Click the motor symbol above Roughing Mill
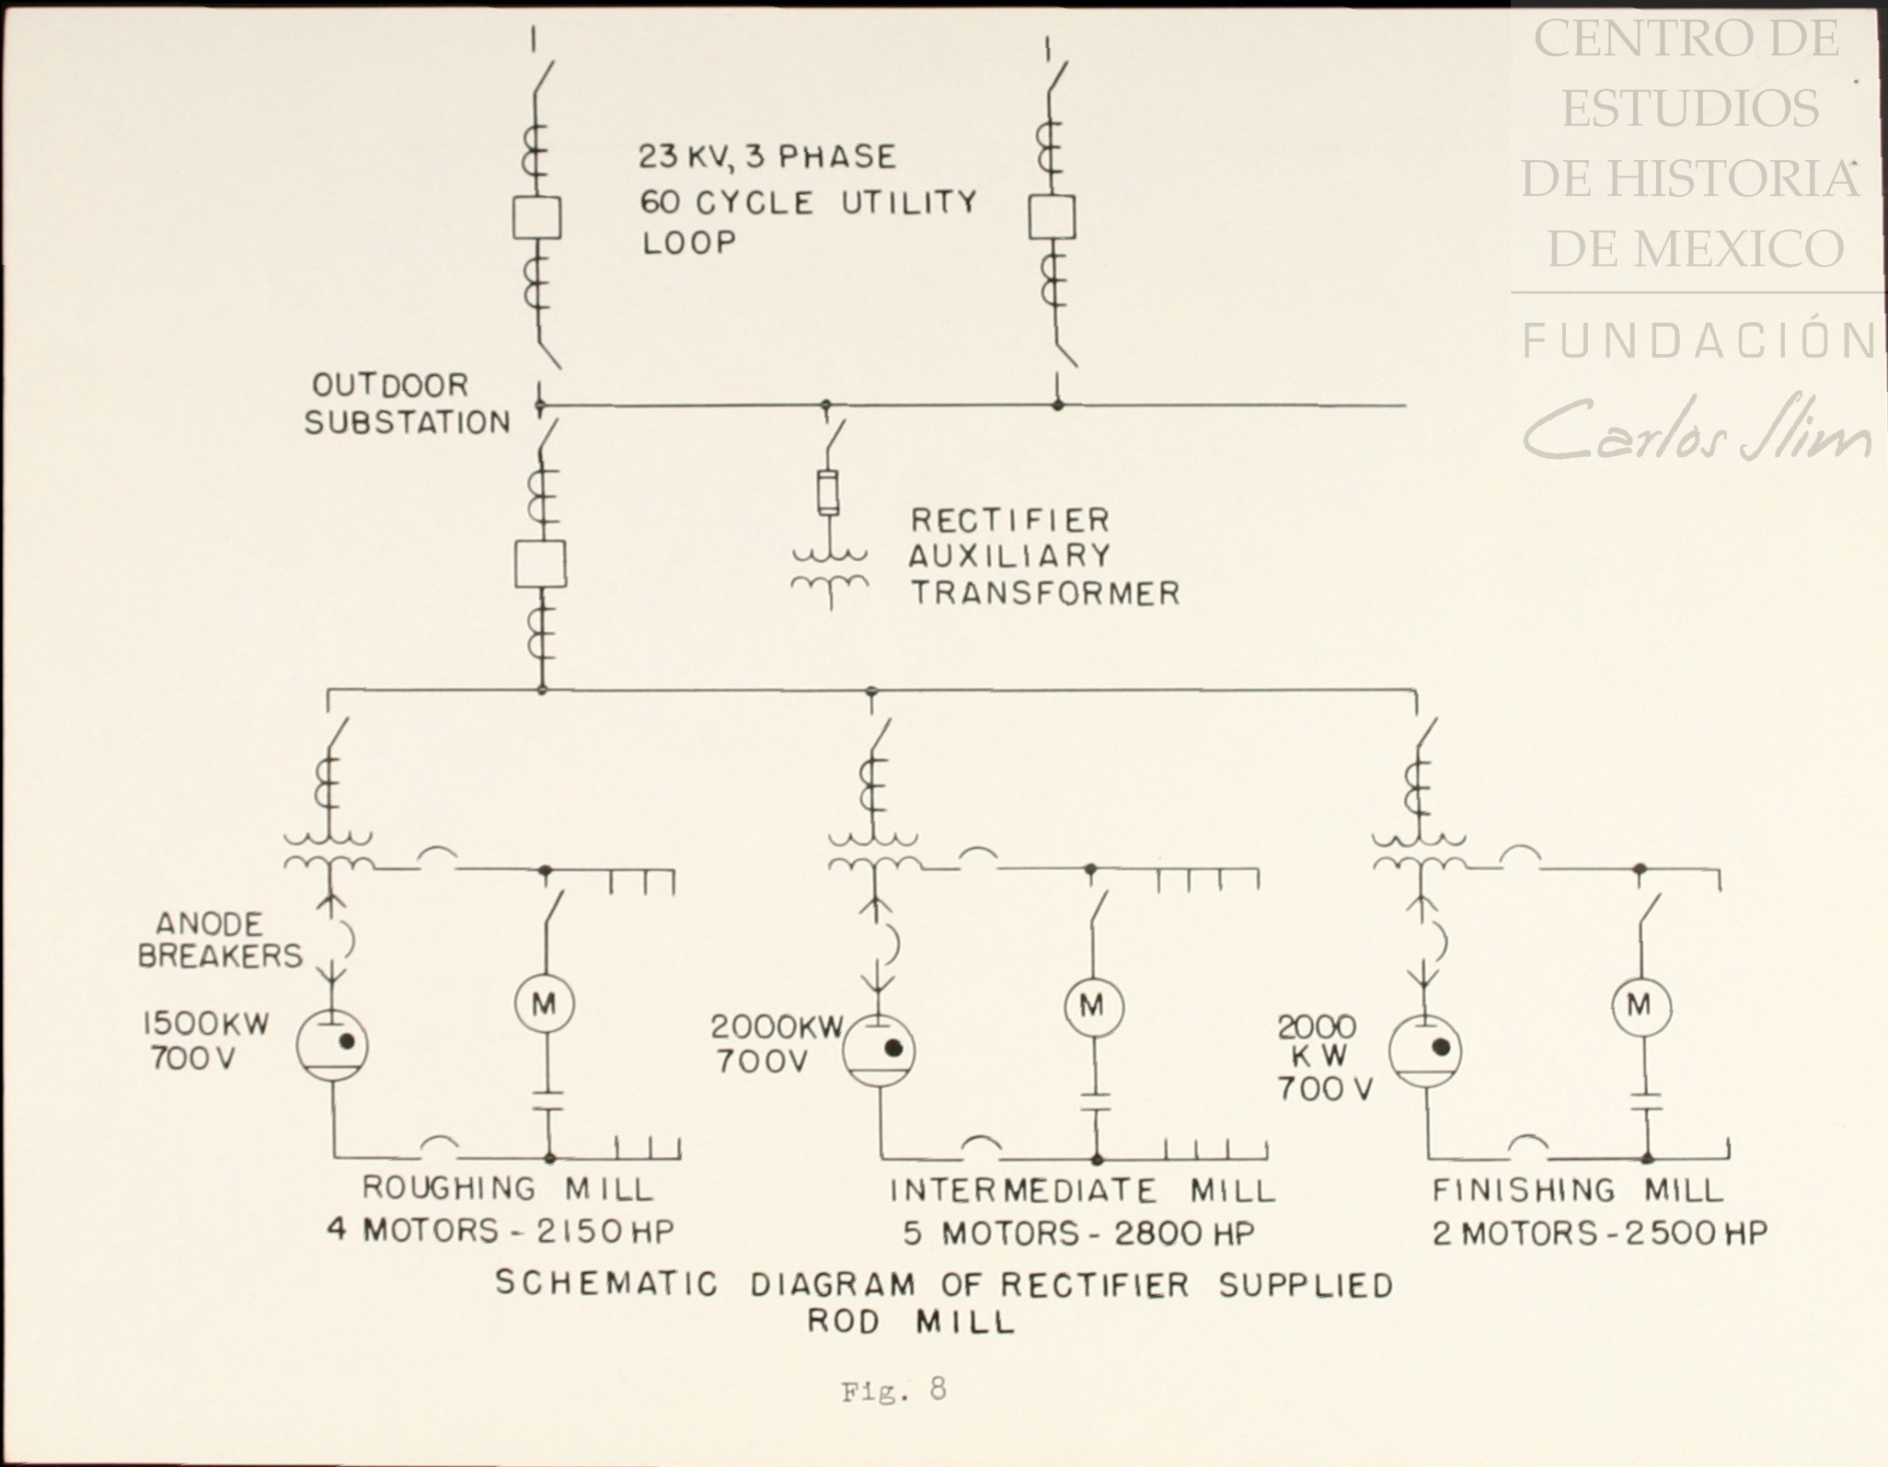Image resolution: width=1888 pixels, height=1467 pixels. (x=544, y=1004)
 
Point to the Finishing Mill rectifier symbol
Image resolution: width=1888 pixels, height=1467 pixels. (x=1425, y=1049)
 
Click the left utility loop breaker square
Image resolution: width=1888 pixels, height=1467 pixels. (x=536, y=218)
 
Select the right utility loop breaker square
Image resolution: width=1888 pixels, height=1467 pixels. (x=1052, y=217)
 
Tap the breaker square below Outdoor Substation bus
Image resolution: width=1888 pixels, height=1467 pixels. (x=540, y=564)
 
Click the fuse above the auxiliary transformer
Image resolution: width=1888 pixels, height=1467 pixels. (x=828, y=493)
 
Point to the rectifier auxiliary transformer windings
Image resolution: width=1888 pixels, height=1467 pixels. (x=830, y=570)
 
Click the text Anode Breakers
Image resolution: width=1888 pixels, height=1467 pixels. (x=219, y=939)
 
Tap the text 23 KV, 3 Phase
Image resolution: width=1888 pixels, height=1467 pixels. (x=767, y=156)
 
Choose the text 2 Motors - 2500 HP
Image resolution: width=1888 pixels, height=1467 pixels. (x=1600, y=1232)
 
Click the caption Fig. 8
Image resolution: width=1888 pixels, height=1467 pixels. (x=892, y=1389)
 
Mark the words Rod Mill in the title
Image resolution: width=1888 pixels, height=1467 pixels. (x=911, y=1322)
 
